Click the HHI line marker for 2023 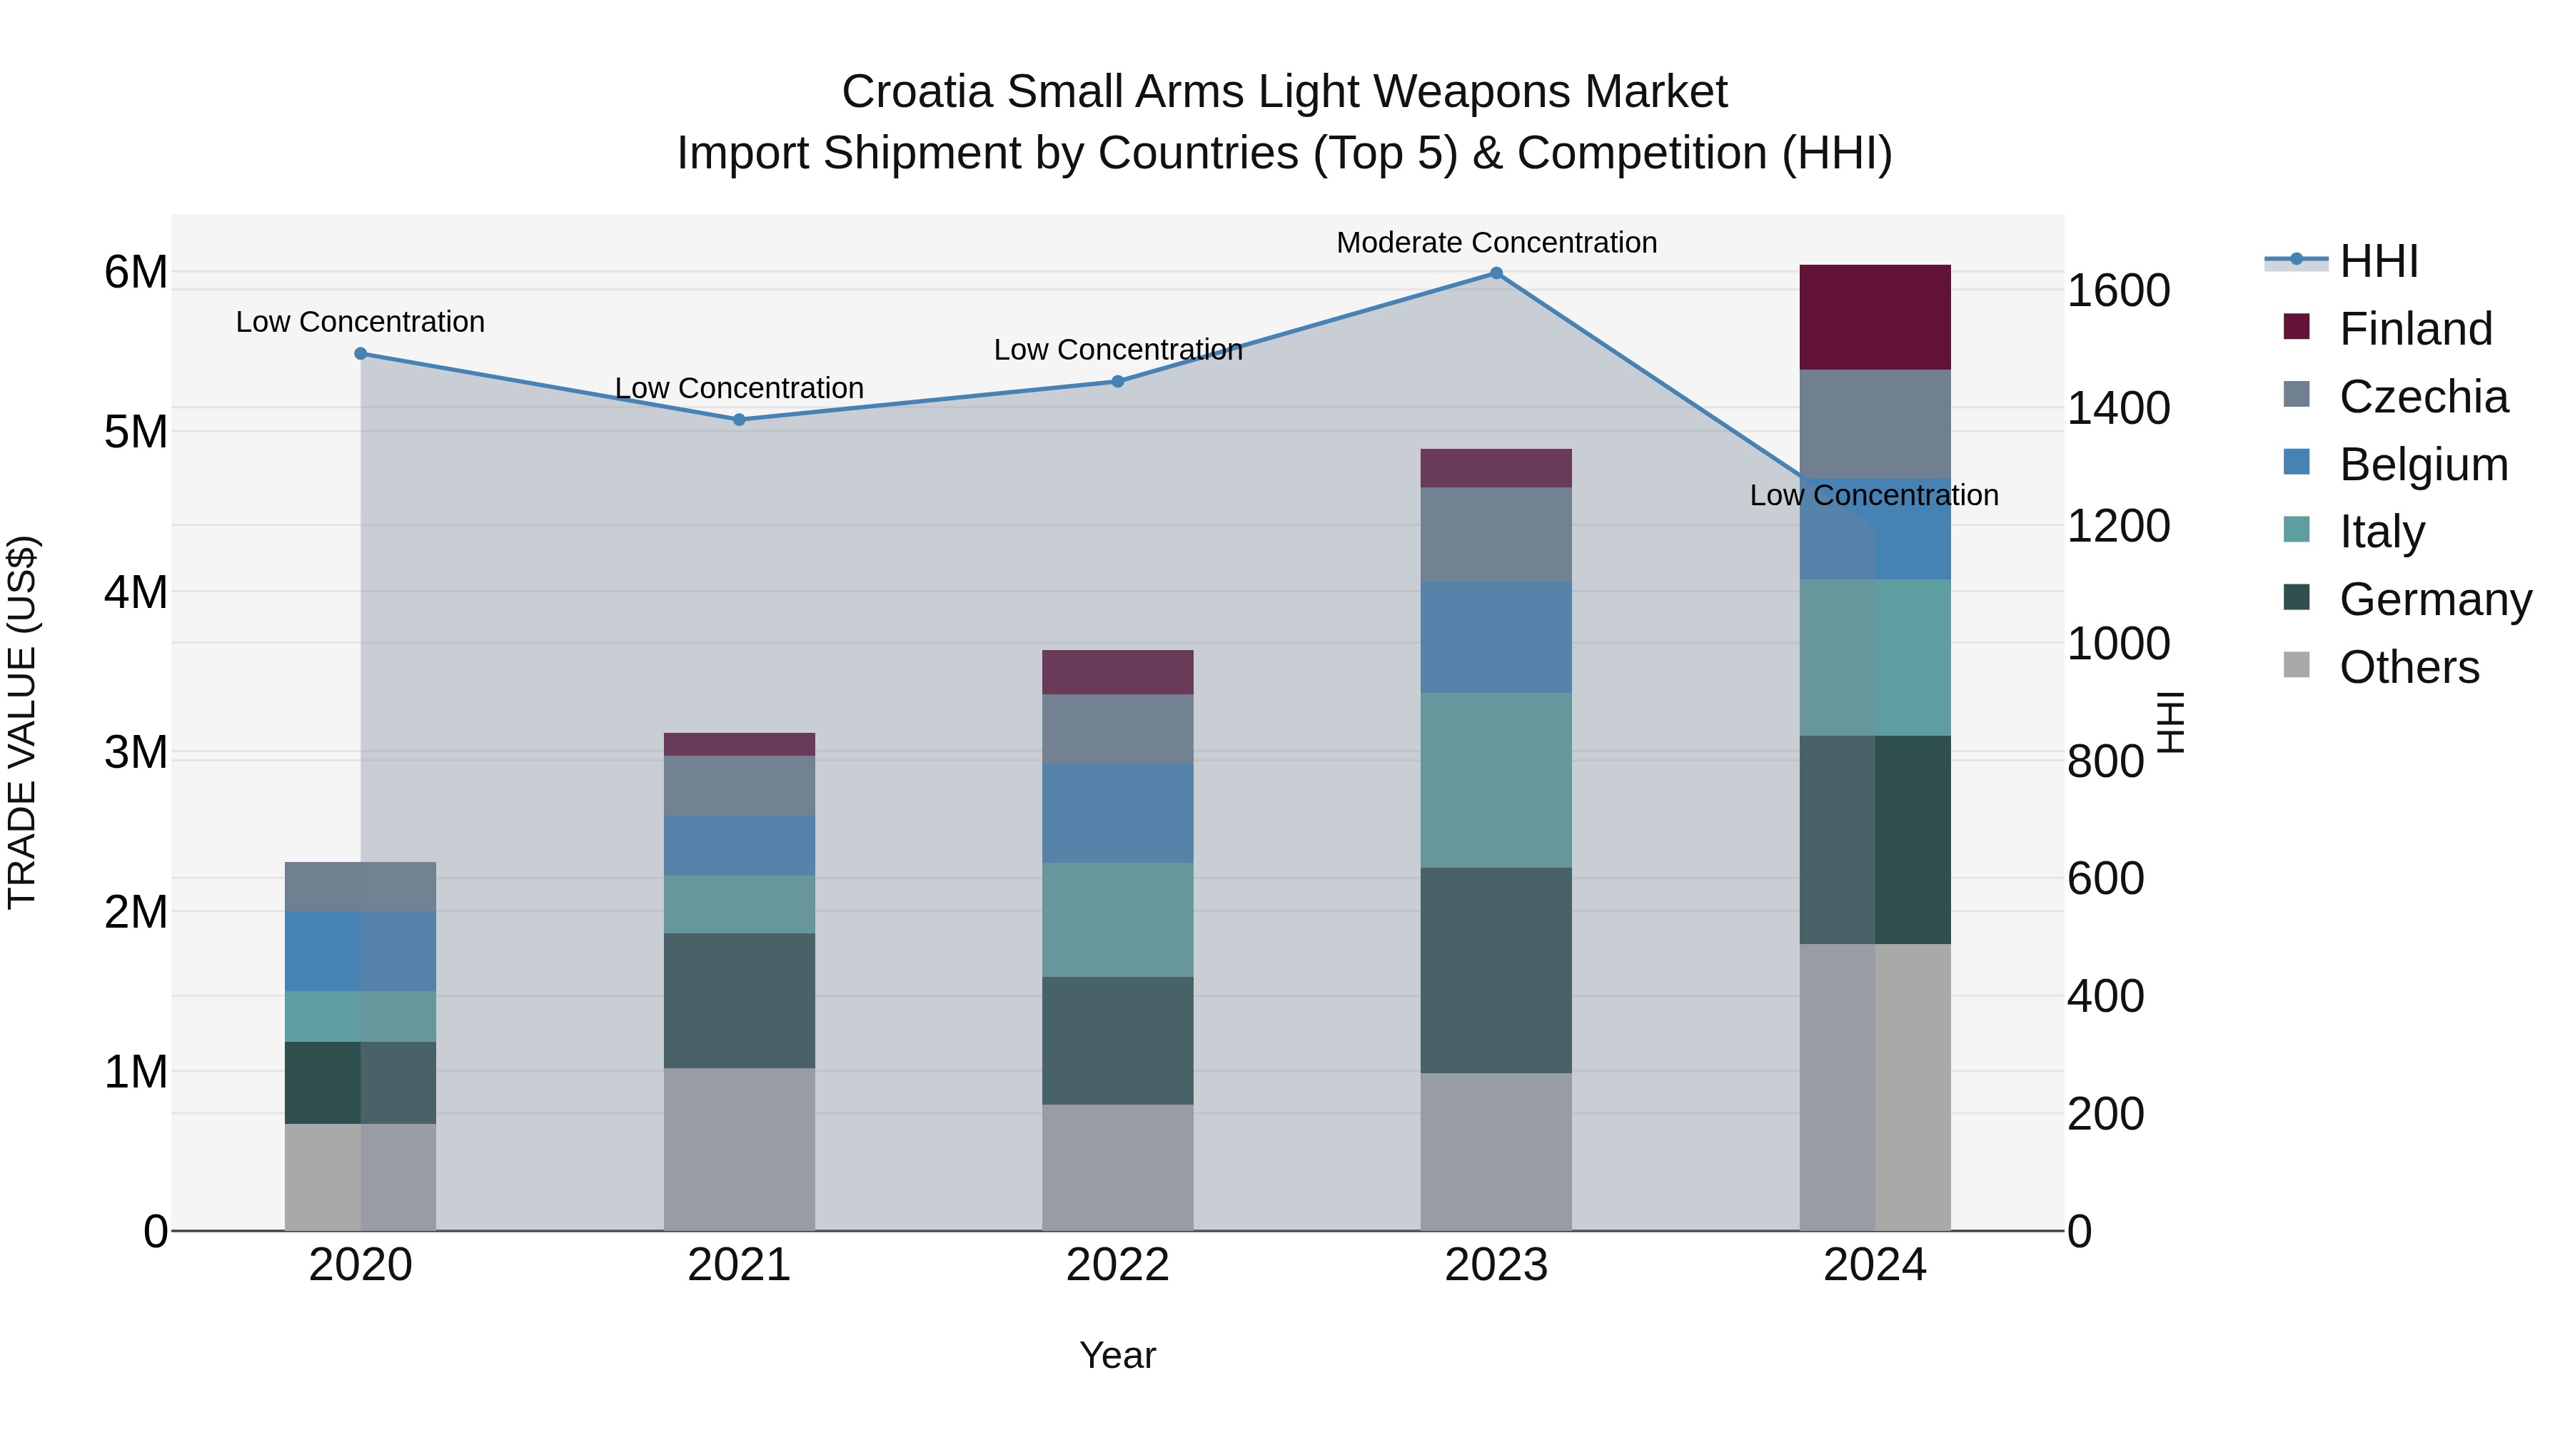click(x=1496, y=273)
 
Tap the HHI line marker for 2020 click(x=361, y=354)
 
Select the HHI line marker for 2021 click(x=740, y=420)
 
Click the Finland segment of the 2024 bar click(x=1875, y=317)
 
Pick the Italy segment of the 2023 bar click(x=1496, y=780)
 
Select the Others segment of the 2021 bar click(x=740, y=1149)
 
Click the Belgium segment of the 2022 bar click(x=1117, y=813)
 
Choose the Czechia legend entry click(x=2422, y=397)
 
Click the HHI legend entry click(x=2379, y=261)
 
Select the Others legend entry click(x=2409, y=667)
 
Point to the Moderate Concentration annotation click(x=1496, y=243)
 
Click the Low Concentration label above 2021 click(x=740, y=388)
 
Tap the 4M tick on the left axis click(x=136, y=592)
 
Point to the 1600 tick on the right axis click(x=2117, y=290)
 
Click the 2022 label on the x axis click(x=1117, y=1265)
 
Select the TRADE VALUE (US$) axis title click(x=22, y=722)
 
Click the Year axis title click(x=1117, y=1355)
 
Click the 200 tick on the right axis click(x=2105, y=1114)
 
